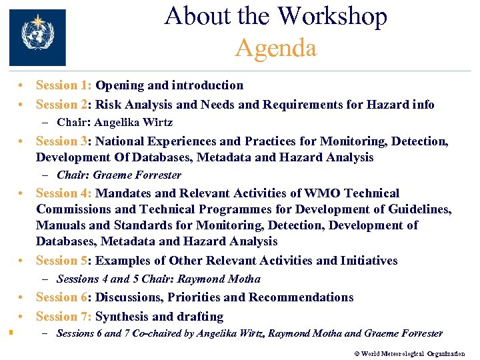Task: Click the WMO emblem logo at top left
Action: coord(37,37)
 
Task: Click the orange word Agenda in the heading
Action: coord(275,48)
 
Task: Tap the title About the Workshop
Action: coord(275,16)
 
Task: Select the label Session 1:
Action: coord(64,85)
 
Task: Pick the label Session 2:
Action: coord(64,105)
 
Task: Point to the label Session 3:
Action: coord(64,141)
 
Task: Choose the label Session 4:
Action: coord(64,193)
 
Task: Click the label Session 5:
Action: coord(64,261)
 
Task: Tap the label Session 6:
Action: coord(64,297)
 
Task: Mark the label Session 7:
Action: coord(64,317)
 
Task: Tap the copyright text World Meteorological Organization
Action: coord(413,354)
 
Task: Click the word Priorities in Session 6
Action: coord(199,297)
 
